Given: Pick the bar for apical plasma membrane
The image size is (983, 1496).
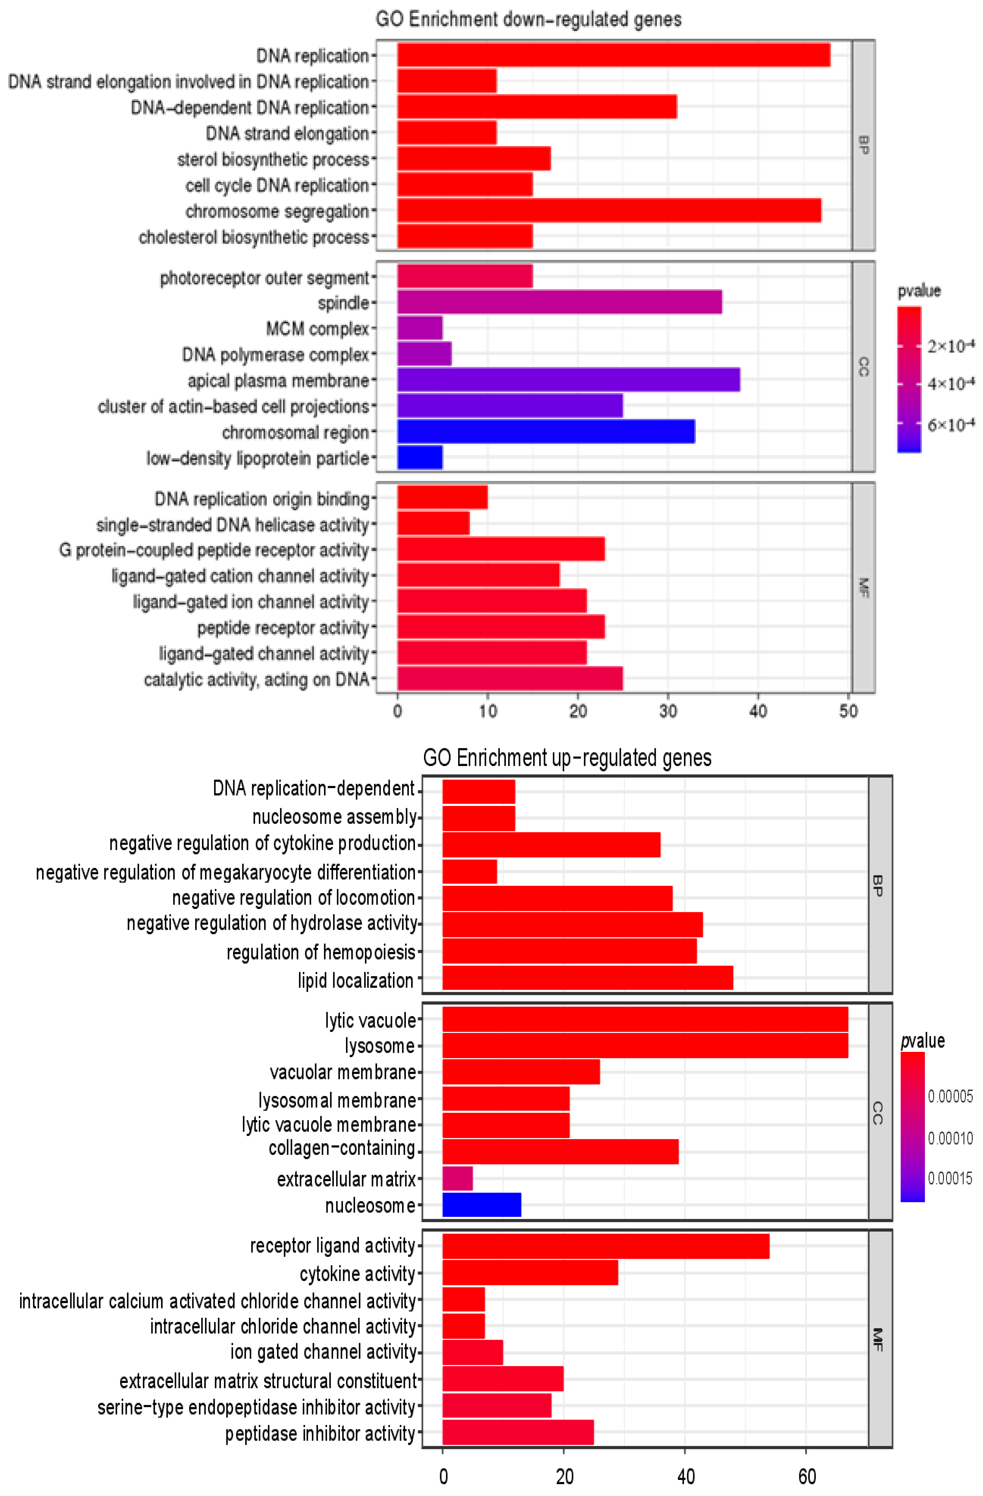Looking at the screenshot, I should pos(568,380).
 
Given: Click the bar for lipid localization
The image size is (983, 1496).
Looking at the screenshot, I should pos(587,978).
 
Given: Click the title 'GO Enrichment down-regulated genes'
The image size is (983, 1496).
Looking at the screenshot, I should pos(528,20).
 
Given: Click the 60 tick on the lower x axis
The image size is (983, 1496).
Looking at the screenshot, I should pos(807,1476).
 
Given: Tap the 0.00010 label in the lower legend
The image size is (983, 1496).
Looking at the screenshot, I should pos(950,1138).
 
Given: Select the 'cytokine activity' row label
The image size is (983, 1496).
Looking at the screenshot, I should pos(357,1273).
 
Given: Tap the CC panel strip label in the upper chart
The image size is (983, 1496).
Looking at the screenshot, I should pos(863,366).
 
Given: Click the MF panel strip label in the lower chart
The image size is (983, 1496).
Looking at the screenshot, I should pos(879,1339).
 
